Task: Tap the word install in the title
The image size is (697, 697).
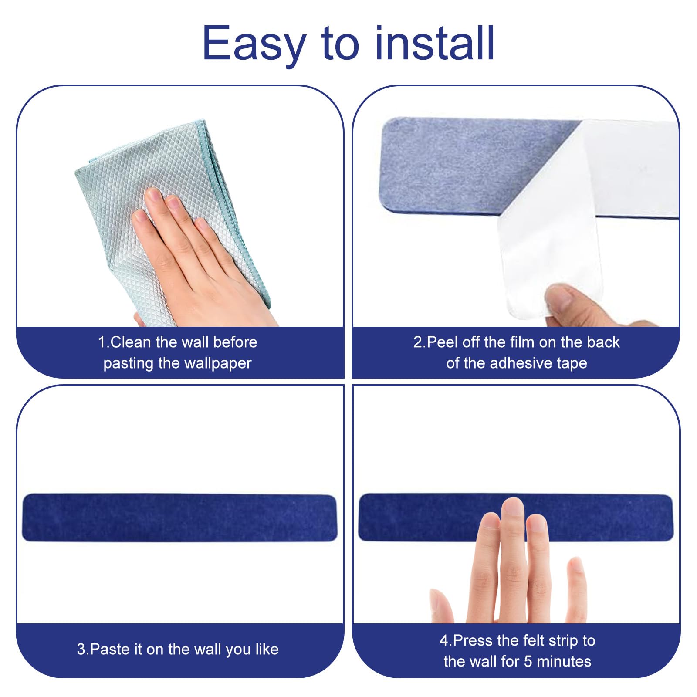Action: pyautogui.click(x=435, y=42)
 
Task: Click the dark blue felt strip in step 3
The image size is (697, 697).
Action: pyautogui.click(x=179, y=518)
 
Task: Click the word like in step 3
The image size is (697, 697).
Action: pyautogui.click(x=267, y=649)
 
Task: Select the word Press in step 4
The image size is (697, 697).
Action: pyautogui.click(x=474, y=641)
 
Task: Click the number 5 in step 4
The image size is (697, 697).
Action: pyautogui.click(x=528, y=662)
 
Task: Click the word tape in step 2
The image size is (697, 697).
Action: pyautogui.click(x=569, y=364)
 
